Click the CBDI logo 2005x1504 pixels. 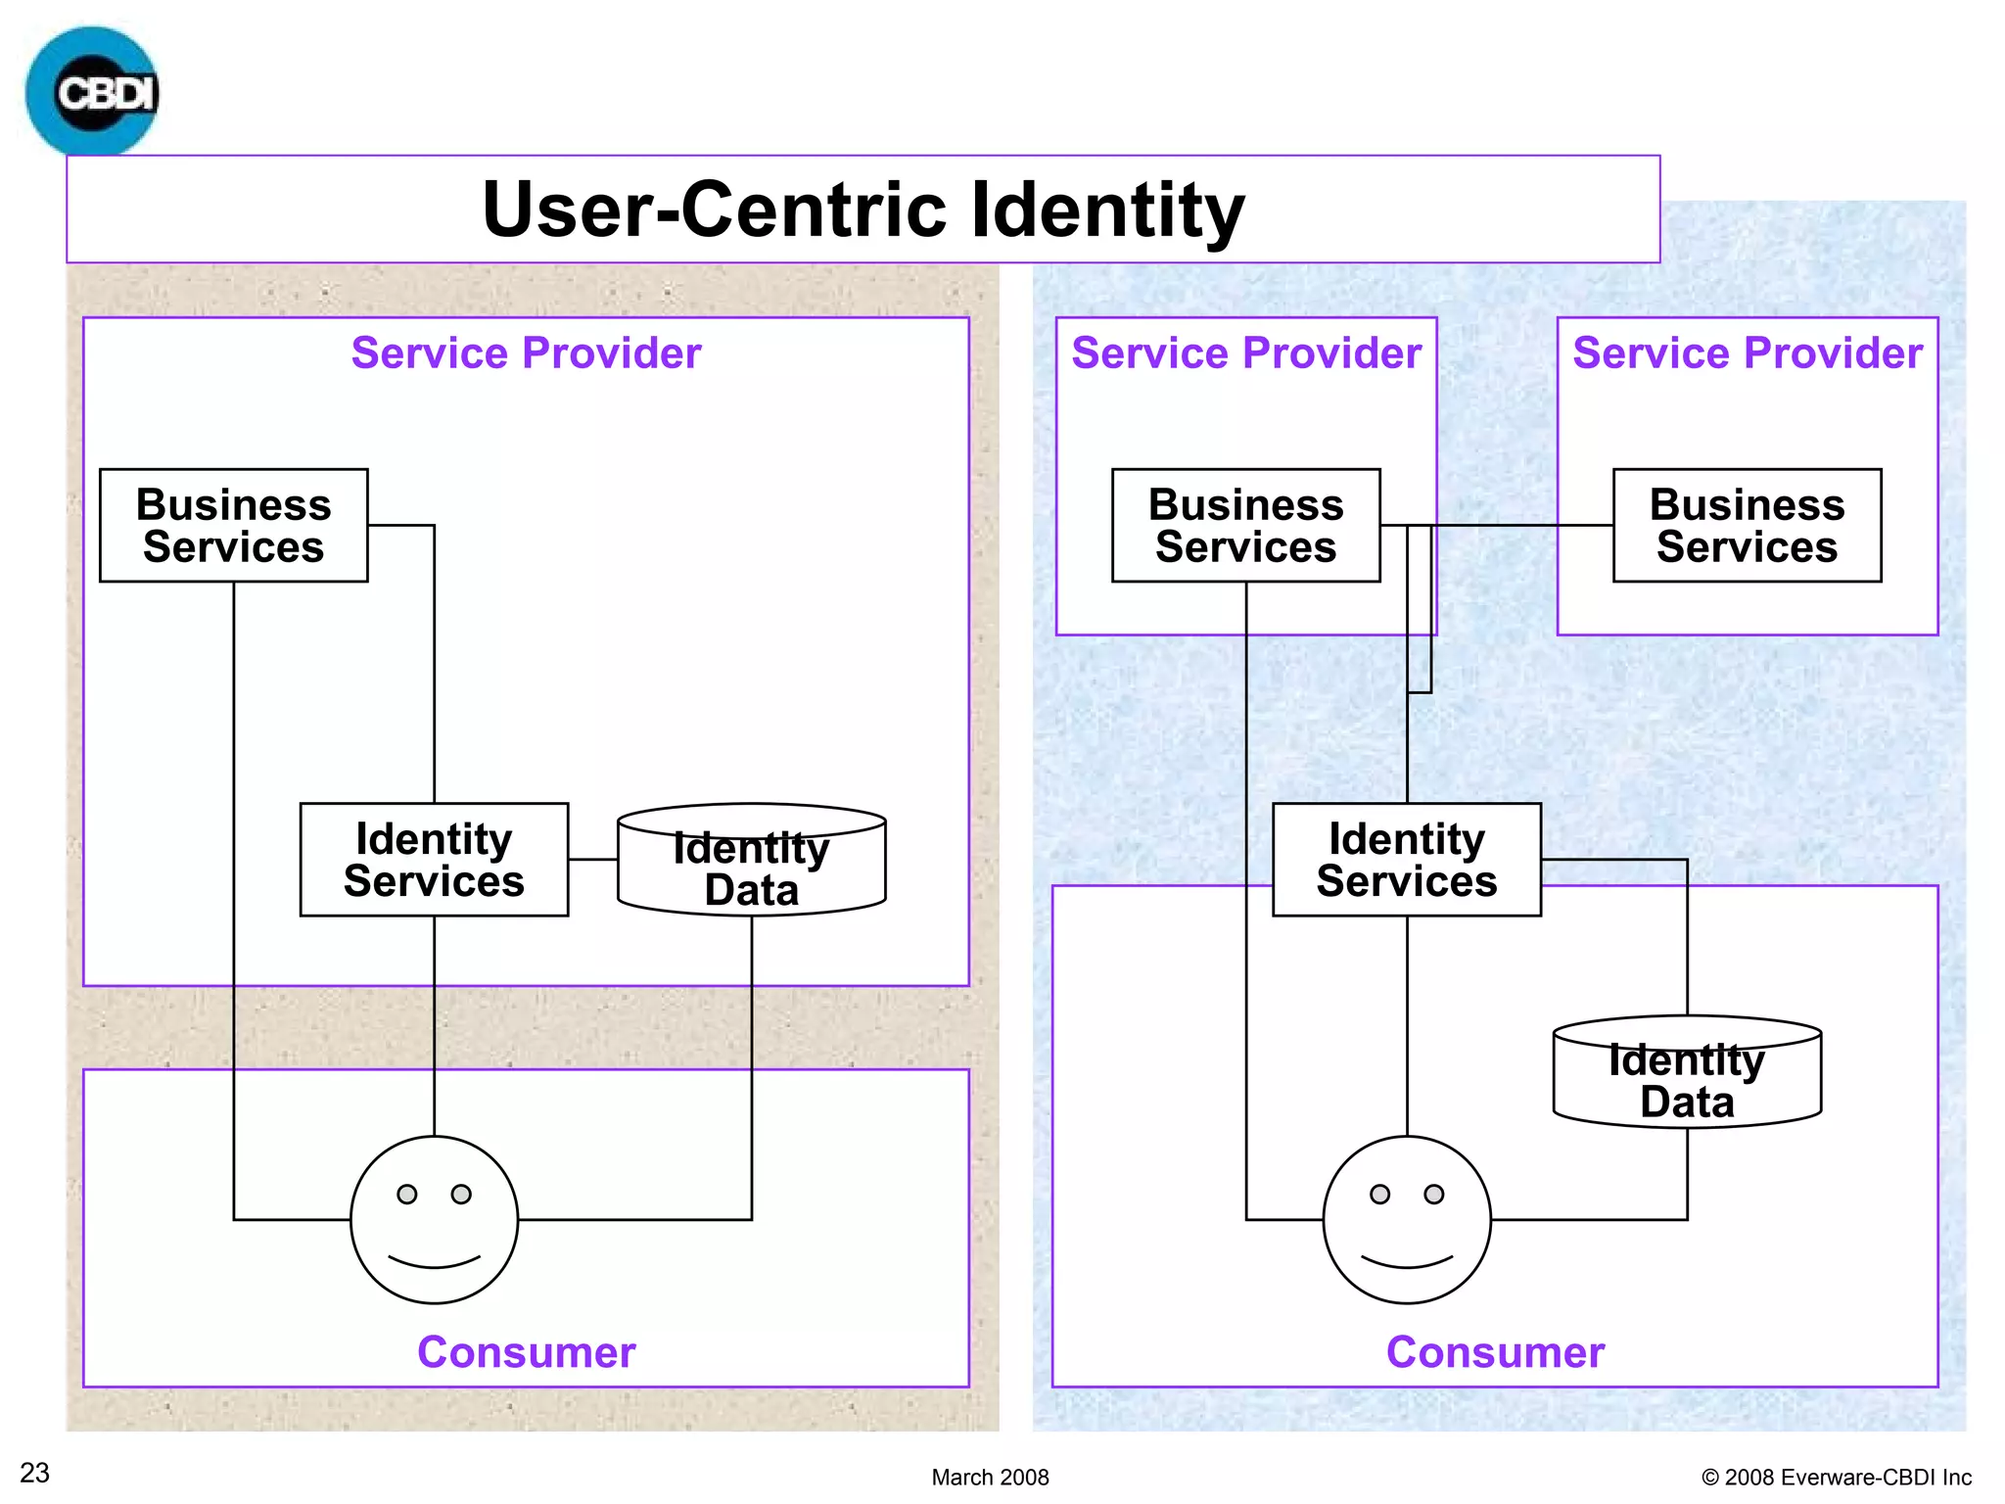[92, 92]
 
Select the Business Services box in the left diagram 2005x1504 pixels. [233, 526]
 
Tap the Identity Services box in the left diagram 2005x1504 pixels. [434, 860]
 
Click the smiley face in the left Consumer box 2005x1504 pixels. [434, 1219]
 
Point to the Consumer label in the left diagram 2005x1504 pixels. [526, 1352]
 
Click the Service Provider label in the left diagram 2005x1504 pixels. [526, 352]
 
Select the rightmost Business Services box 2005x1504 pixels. [1747, 526]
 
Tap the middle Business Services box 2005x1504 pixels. [1245, 526]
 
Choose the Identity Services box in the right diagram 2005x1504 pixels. [1406, 860]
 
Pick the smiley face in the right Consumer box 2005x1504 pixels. [1407, 1219]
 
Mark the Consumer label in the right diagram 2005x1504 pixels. [1495, 1352]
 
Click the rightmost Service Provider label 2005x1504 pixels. [1747, 352]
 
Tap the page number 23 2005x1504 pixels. [34, 1473]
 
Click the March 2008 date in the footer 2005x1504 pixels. [990, 1477]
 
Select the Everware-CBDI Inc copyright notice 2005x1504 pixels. [1837, 1477]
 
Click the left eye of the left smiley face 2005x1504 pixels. [406, 1194]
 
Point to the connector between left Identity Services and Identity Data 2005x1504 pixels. [592, 859]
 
